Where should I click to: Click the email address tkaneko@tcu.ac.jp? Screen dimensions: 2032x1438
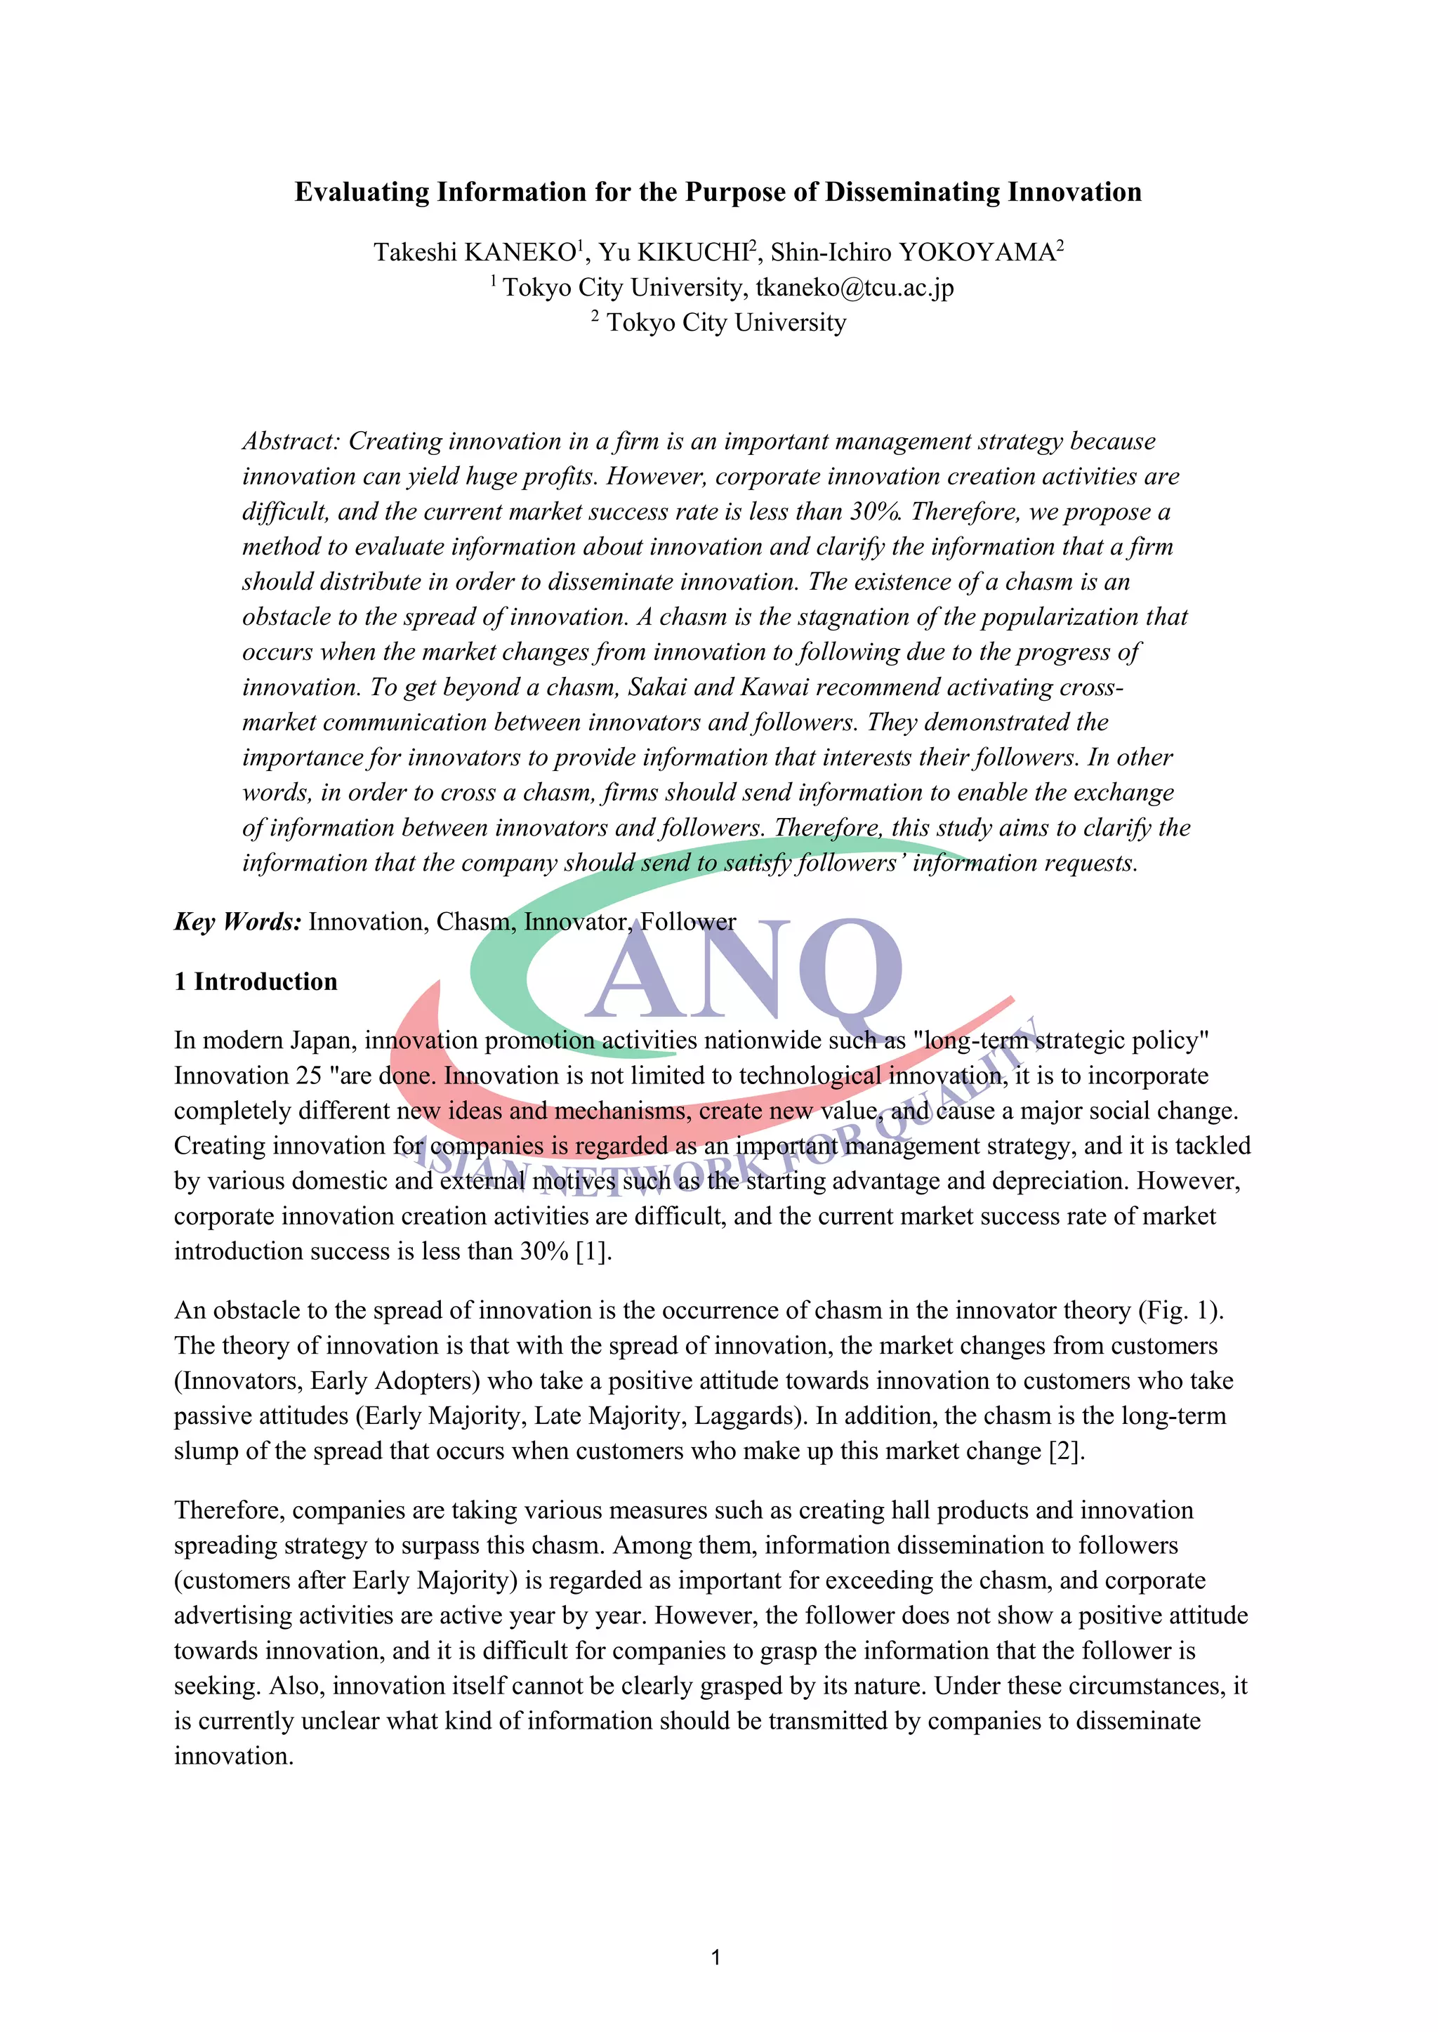855,288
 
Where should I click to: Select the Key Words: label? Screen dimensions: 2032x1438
237,922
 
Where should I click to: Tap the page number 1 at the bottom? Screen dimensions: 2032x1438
716,1958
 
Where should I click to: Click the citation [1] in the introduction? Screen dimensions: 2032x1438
593,1251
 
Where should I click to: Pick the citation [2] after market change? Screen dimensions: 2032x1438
1066,1451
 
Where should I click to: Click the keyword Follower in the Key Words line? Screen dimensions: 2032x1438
688,922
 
